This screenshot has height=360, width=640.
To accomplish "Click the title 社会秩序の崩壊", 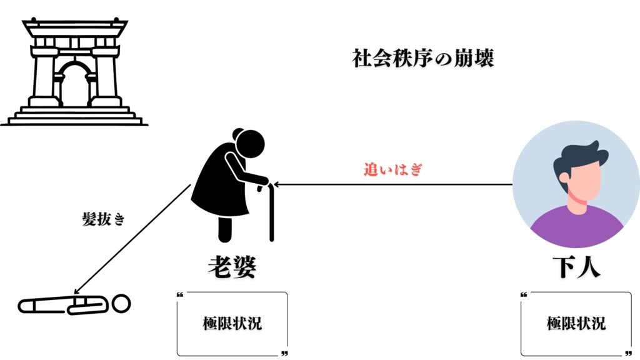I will coord(422,59).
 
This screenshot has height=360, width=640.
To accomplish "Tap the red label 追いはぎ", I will coord(394,169).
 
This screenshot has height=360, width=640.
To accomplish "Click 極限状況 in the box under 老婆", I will coord(232,324).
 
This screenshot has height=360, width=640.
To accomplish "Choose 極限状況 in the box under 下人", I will coord(576,324).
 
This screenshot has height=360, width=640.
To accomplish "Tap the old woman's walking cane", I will coord(271,212).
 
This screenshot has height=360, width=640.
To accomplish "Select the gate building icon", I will coord(74,72).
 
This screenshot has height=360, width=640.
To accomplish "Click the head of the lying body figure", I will coord(122,304).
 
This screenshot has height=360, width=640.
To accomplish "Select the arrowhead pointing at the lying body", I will coord(76,291).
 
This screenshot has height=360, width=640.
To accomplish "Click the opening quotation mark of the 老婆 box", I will coord(180,294).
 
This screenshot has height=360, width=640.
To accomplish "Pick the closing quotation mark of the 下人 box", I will coord(627,353).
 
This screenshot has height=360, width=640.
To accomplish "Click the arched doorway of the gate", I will coord(74,84).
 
